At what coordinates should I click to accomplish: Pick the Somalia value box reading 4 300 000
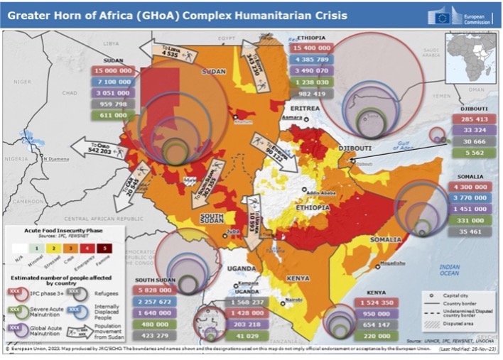[x=470, y=186]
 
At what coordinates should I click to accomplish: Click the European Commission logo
[x=461, y=16]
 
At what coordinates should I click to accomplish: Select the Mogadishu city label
[x=391, y=263]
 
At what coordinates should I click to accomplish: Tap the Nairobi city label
[x=294, y=300]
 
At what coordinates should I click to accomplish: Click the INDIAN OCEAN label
[x=448, y=269]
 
